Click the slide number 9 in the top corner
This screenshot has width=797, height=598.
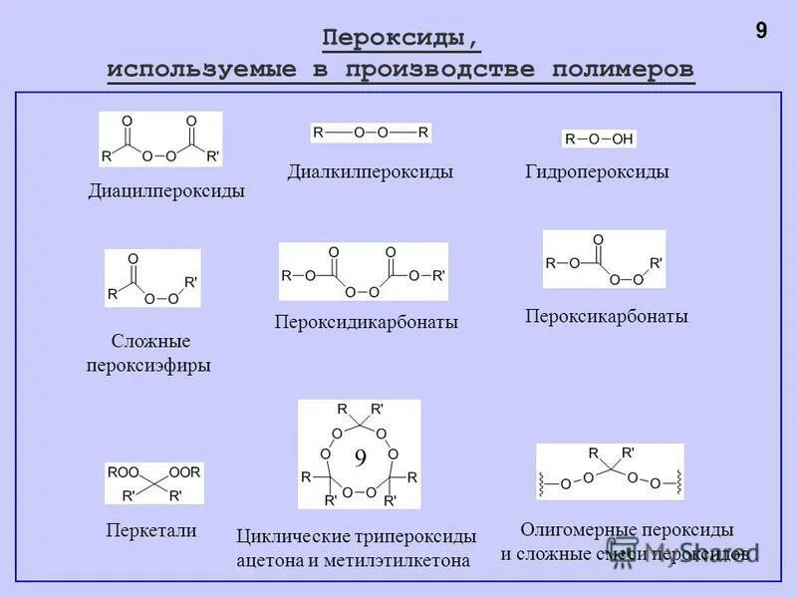tap(761, 31)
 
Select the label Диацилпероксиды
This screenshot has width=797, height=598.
tap(166, 190)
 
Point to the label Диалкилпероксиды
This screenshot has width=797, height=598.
tap(371, 172)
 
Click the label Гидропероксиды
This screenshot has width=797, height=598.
tap(597, 172)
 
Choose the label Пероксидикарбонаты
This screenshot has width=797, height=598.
tap(366, 322)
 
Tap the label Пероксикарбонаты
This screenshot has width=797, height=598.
tap(607, 316)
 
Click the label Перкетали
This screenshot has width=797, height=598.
tap(151, 531)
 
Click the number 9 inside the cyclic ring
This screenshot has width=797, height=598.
tap(361, 456)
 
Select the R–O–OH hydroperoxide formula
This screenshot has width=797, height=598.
tap(599, 140)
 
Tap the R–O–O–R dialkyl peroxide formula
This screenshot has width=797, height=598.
tap(371, 133)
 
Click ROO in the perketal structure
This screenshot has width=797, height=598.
tap(124, 471)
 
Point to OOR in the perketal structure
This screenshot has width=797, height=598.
tap(184, 471)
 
